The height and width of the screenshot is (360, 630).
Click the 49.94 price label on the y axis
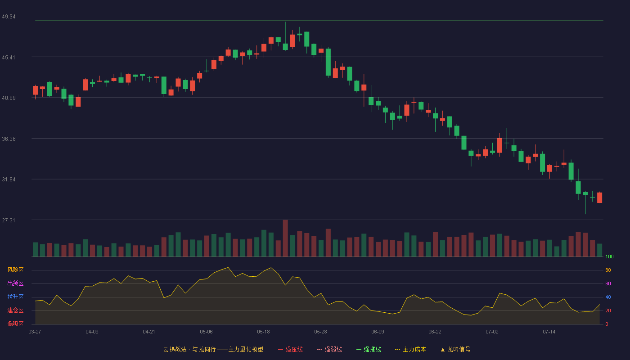coord(9,17)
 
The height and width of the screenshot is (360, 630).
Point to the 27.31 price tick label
coord(9,220)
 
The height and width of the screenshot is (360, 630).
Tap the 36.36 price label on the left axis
coord(9,139)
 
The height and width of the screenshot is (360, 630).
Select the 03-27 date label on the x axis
coord(35,332)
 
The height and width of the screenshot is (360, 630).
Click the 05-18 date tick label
coord(263,332)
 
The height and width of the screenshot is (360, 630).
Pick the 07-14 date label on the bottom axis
coord(549,332)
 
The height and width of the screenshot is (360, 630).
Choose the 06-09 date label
coord(378,332)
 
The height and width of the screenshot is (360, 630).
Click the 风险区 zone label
coord(15,270)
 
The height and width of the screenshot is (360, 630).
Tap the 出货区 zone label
coord(15,283)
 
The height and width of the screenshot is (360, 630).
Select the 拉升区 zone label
coord(15,297)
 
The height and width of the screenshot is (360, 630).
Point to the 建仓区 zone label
coord(15,310)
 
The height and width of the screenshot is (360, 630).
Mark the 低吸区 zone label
coord(15,324)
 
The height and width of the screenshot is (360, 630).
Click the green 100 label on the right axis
coord(609,256)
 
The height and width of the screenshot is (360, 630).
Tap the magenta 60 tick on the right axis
coord(608,283)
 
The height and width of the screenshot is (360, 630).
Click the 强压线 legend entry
coord(290,349)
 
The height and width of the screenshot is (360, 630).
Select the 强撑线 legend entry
coord(369,349)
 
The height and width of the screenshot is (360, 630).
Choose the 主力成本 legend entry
coord(410,349)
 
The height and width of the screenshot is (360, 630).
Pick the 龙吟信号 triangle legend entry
coord(455,349)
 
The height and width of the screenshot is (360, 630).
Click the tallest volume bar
coord(285,238)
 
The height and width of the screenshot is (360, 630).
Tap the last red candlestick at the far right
coord(599,198)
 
